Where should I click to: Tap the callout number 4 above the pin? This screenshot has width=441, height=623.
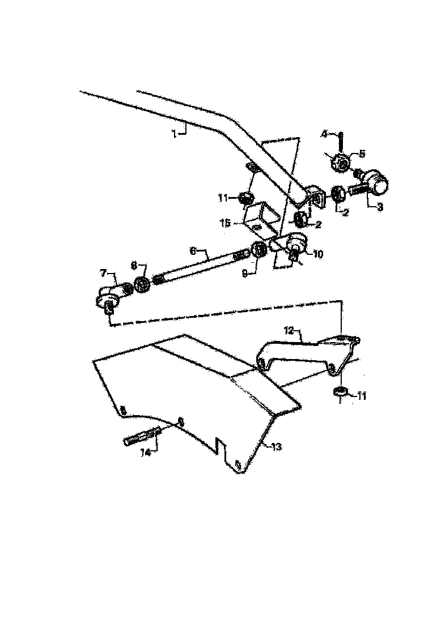pos(324,134)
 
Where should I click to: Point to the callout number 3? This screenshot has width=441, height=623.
pos(379,207)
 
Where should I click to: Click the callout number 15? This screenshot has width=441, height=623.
pos(225,223)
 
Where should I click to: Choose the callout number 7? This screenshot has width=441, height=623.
pos(103,274)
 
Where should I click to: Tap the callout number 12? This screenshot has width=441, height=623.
pos(289,328)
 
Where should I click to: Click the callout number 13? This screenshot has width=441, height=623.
pos(276,447)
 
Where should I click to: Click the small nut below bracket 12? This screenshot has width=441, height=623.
pos(340,392)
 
